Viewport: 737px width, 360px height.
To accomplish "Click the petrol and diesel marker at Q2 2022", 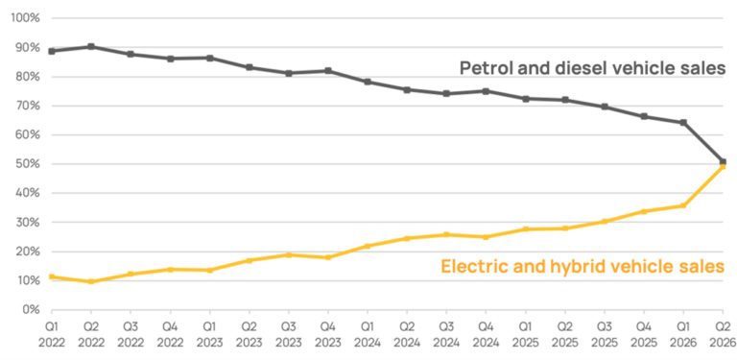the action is point(91,46).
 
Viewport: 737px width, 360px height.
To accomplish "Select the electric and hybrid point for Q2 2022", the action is point(91,281).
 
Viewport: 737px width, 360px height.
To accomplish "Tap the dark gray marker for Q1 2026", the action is point(683,123).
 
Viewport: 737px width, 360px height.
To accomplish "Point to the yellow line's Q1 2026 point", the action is point(683,205).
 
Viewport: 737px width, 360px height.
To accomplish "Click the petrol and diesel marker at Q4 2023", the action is point(328,71).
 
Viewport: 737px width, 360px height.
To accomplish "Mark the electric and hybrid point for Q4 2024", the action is point(486,237).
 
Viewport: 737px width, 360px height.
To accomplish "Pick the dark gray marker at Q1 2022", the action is point(52,51).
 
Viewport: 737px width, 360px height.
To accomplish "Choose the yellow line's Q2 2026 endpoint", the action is point(723,166).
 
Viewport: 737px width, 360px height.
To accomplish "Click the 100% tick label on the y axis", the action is point(26,18).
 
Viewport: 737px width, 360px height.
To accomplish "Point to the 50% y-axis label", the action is point(29,164).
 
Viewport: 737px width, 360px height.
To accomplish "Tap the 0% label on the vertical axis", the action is point(32,310).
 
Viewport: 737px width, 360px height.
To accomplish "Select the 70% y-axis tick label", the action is point(29,106).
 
